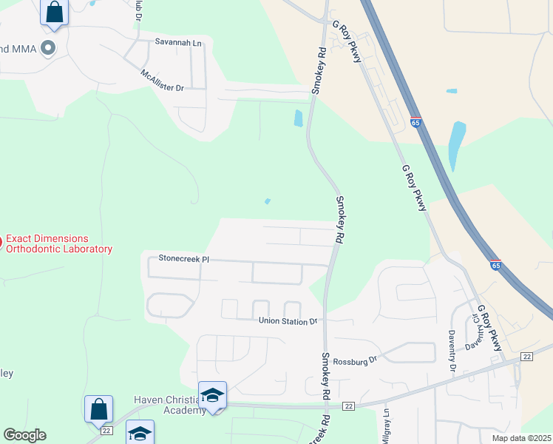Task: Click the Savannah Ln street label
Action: [177, 43]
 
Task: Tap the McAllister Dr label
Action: [162, 81]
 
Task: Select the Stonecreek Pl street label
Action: [184, 259]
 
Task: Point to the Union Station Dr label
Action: [288, 321]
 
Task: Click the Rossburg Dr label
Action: [355, 360]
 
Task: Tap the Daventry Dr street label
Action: [452, 351]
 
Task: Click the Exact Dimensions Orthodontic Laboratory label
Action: [59, 244]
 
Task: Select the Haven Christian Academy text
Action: [166, 405]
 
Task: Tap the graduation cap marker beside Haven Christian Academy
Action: [212, 395]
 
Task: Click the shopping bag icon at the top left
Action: [54, 12]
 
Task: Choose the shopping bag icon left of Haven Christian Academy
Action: [98, 408]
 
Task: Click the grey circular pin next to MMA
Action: [49, 50]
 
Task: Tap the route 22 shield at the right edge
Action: [526, 357]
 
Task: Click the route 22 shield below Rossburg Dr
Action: [349, 406]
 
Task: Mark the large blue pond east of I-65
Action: [457, 144]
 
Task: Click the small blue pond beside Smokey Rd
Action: [298, 118]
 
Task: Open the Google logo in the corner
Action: [24, 435]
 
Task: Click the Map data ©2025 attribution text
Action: [520, 438]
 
